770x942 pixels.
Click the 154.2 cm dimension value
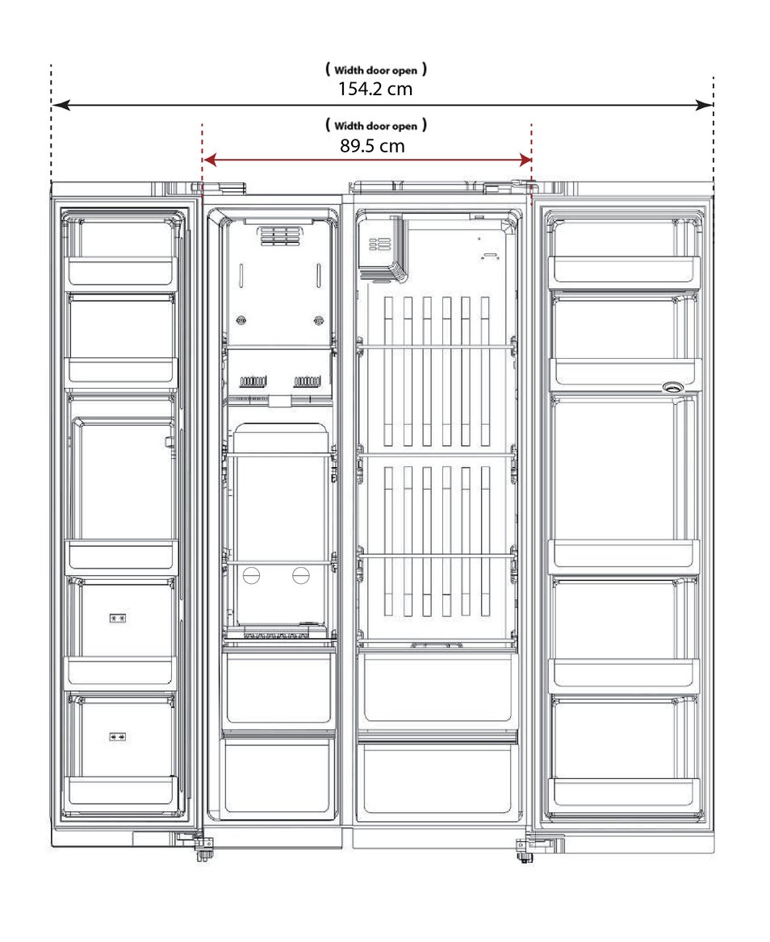(375, 89)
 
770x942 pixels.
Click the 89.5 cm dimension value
(372, 145)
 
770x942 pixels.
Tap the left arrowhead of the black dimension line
(61, 105)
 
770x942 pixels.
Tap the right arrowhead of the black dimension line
(704, 105)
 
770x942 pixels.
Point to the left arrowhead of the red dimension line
(209, 160)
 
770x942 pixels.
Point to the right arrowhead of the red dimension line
(525, 160)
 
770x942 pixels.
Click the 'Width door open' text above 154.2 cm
(375, 70)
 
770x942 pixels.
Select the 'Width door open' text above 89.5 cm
(375, 126)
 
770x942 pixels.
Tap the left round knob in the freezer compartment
(251, 575)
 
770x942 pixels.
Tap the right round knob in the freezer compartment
(300, 575)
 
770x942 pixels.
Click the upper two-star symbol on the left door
(117, 618)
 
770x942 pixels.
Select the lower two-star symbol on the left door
(117, 736)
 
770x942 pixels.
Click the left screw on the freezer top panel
(241, 320)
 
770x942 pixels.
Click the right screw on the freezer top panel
(319, 320)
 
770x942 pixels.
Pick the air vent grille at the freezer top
(279, 235)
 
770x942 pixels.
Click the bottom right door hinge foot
(524, 849)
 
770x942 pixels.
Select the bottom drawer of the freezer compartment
(278, 778)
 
